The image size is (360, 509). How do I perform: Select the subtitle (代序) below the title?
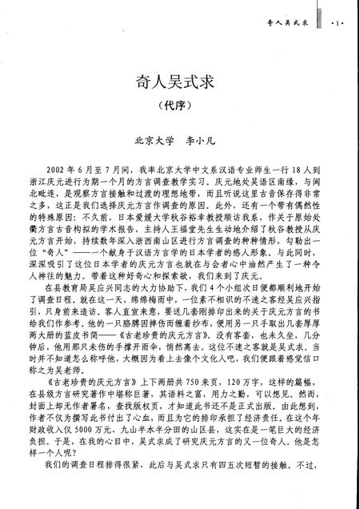tap(179, 106)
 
